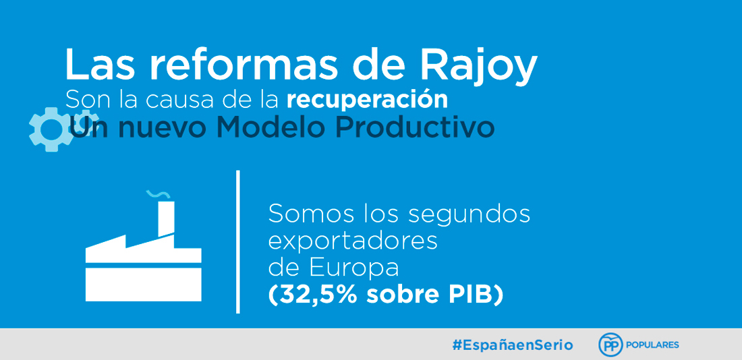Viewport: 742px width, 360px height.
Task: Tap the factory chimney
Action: tap(166, 218)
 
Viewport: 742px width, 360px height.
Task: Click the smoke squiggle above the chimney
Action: tap(156, 193)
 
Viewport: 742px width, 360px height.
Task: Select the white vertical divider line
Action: tap(238, 242)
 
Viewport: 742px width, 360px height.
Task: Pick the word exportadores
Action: tap(353, 242)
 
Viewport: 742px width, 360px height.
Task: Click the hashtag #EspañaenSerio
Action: tap(513, 345)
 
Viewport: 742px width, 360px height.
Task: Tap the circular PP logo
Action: tap(610, 345)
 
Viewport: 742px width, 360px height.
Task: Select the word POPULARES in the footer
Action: tap(652, 345)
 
